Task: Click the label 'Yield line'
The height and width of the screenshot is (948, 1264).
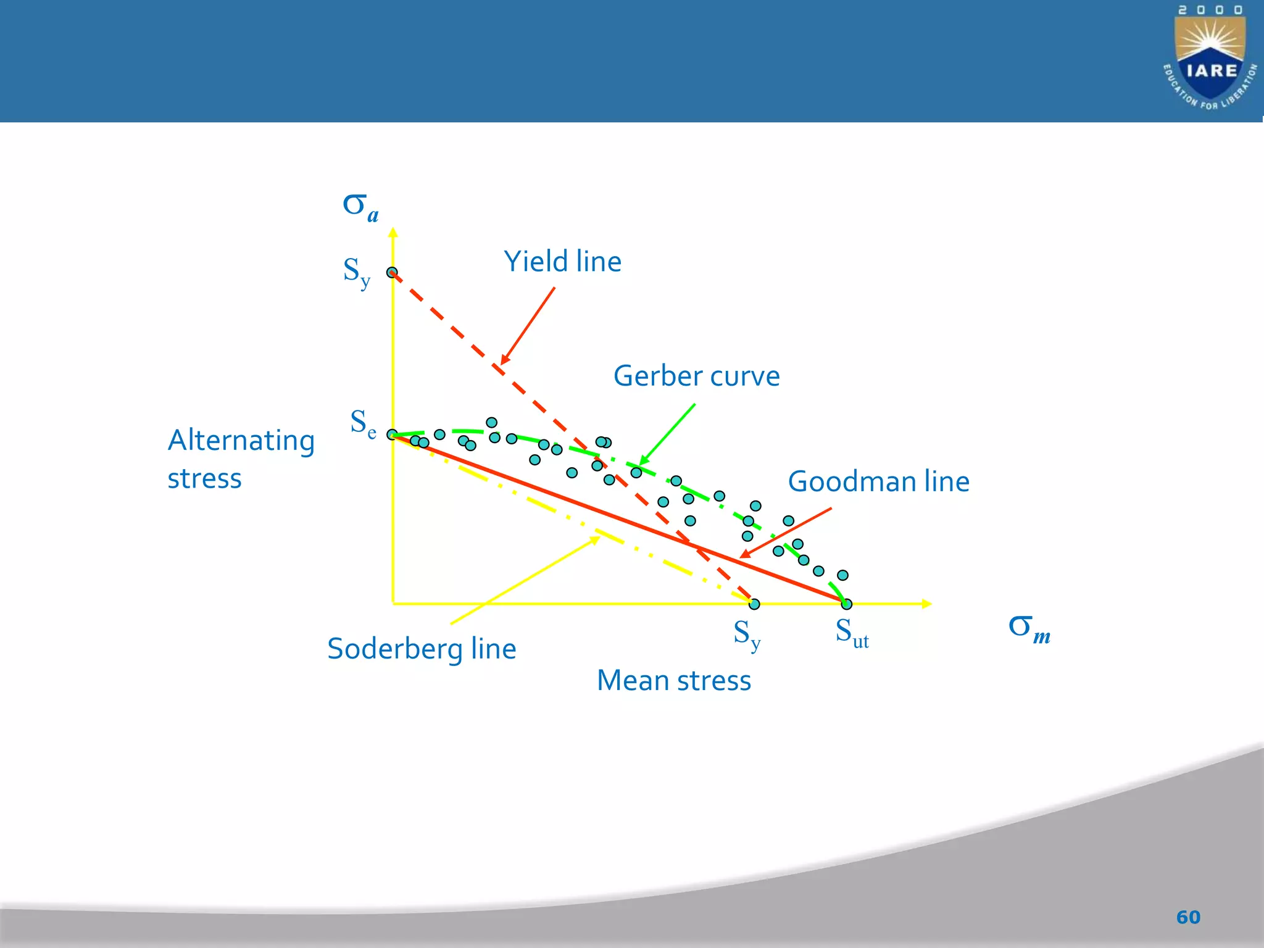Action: [x=562, y=262]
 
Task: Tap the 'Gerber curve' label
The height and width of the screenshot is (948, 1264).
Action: [x=696, y=376]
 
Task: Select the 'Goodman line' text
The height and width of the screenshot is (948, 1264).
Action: [x=878, y=482]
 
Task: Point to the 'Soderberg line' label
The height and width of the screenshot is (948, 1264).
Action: [x=422, y=649]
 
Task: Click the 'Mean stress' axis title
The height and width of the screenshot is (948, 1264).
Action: [x=674, y=681]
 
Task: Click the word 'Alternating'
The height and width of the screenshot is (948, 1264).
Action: [x=241, y=441]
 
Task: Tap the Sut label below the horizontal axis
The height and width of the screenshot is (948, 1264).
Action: [x=852, y=633]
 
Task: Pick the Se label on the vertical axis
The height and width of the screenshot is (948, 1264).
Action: [x=363, y=423]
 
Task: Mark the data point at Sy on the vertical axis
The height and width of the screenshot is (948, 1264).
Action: [x=392, y=272]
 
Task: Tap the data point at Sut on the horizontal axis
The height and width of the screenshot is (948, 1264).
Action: [x=847, y=604]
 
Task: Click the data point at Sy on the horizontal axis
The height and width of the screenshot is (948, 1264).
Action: [x=754, y=604]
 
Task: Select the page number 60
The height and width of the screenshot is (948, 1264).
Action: [x=1188, y=917]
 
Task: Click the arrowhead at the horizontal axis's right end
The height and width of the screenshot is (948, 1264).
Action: [x=926, y=604]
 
